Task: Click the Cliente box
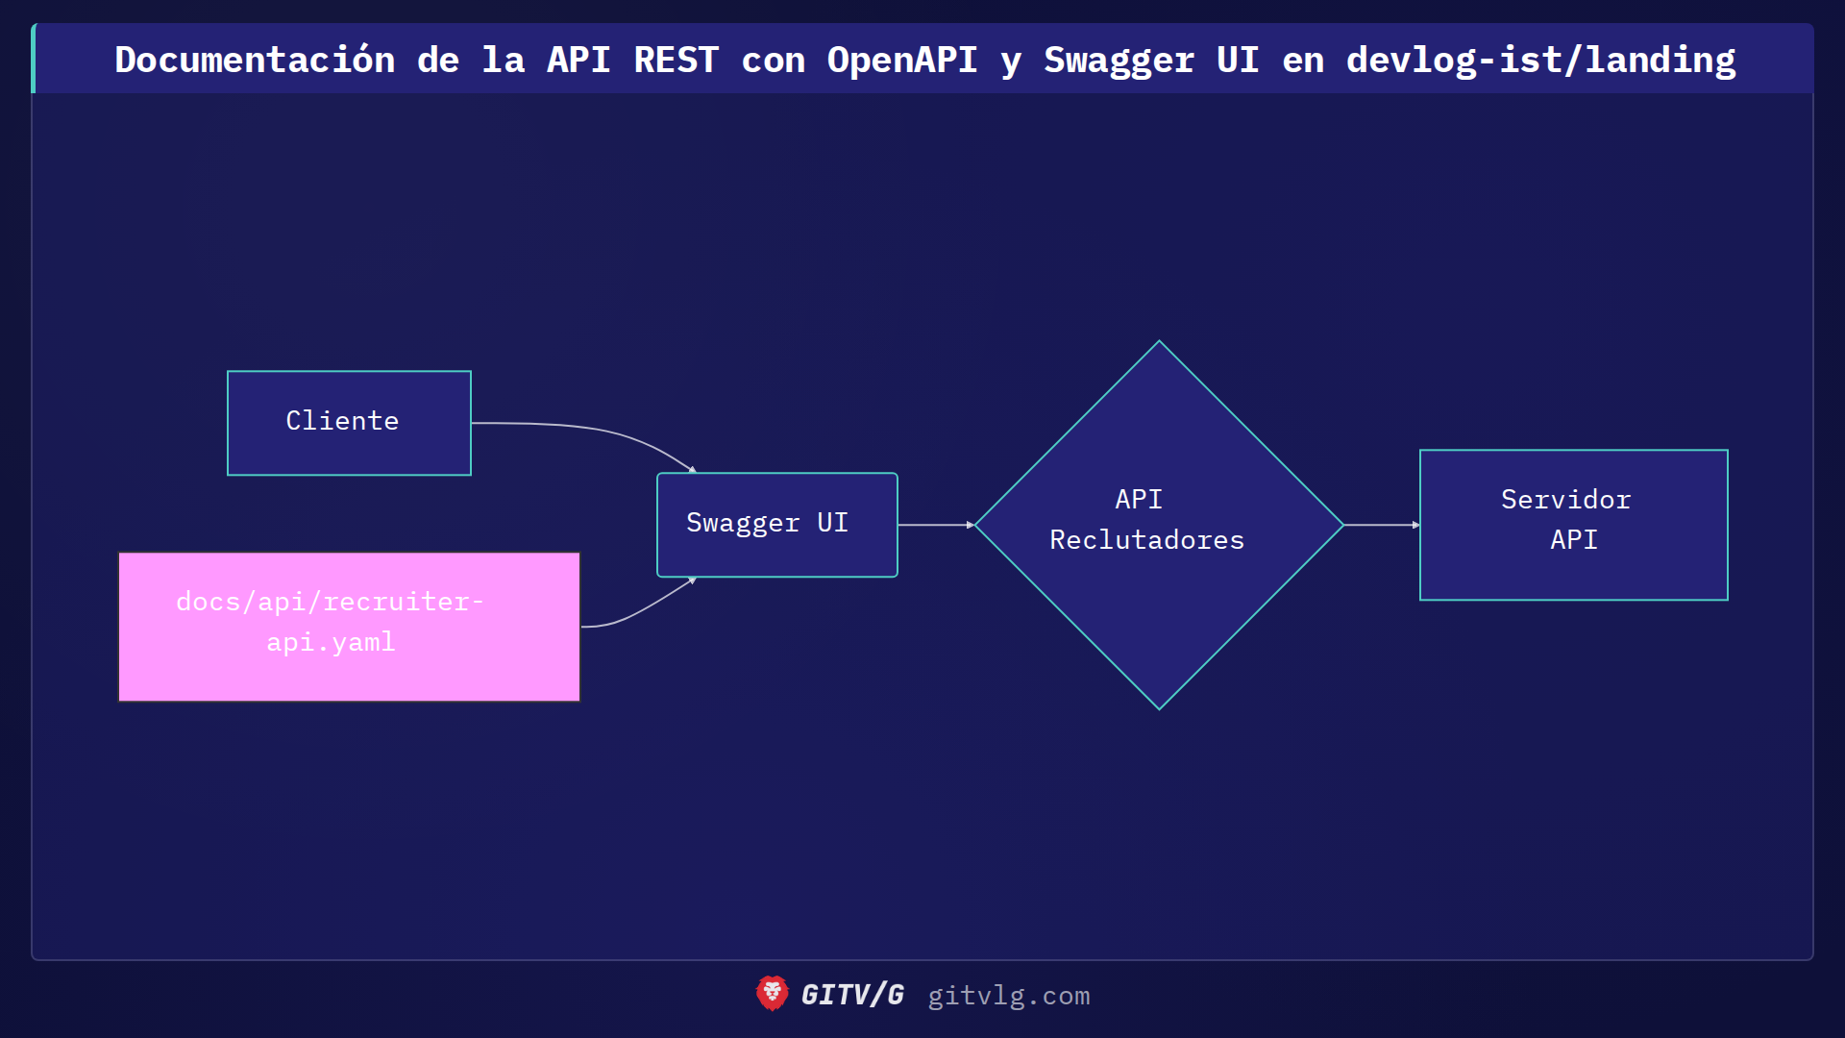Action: click(x=349, y=423)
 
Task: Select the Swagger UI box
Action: click(x=776, y=525)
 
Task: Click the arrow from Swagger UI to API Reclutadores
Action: click(x=935, y=525)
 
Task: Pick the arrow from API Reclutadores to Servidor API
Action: click(x=1381, y=525)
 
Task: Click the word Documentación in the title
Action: click(x=255, y=60)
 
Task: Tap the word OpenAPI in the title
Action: click(x=901, y=60)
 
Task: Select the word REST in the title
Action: click(x=676, y=60)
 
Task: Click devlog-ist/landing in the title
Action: click(x=1540, y=60)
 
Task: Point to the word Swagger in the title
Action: click(x=1119, y=60)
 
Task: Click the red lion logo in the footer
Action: click(x=772, y=994)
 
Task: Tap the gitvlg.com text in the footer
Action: click(x=1008, y=996)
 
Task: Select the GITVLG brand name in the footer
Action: click(x=852, y=995)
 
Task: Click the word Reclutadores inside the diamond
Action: click(x=1146, y=540)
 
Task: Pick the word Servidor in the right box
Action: click(x=1565, y=500)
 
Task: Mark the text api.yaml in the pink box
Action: click(x=331, y=642)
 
